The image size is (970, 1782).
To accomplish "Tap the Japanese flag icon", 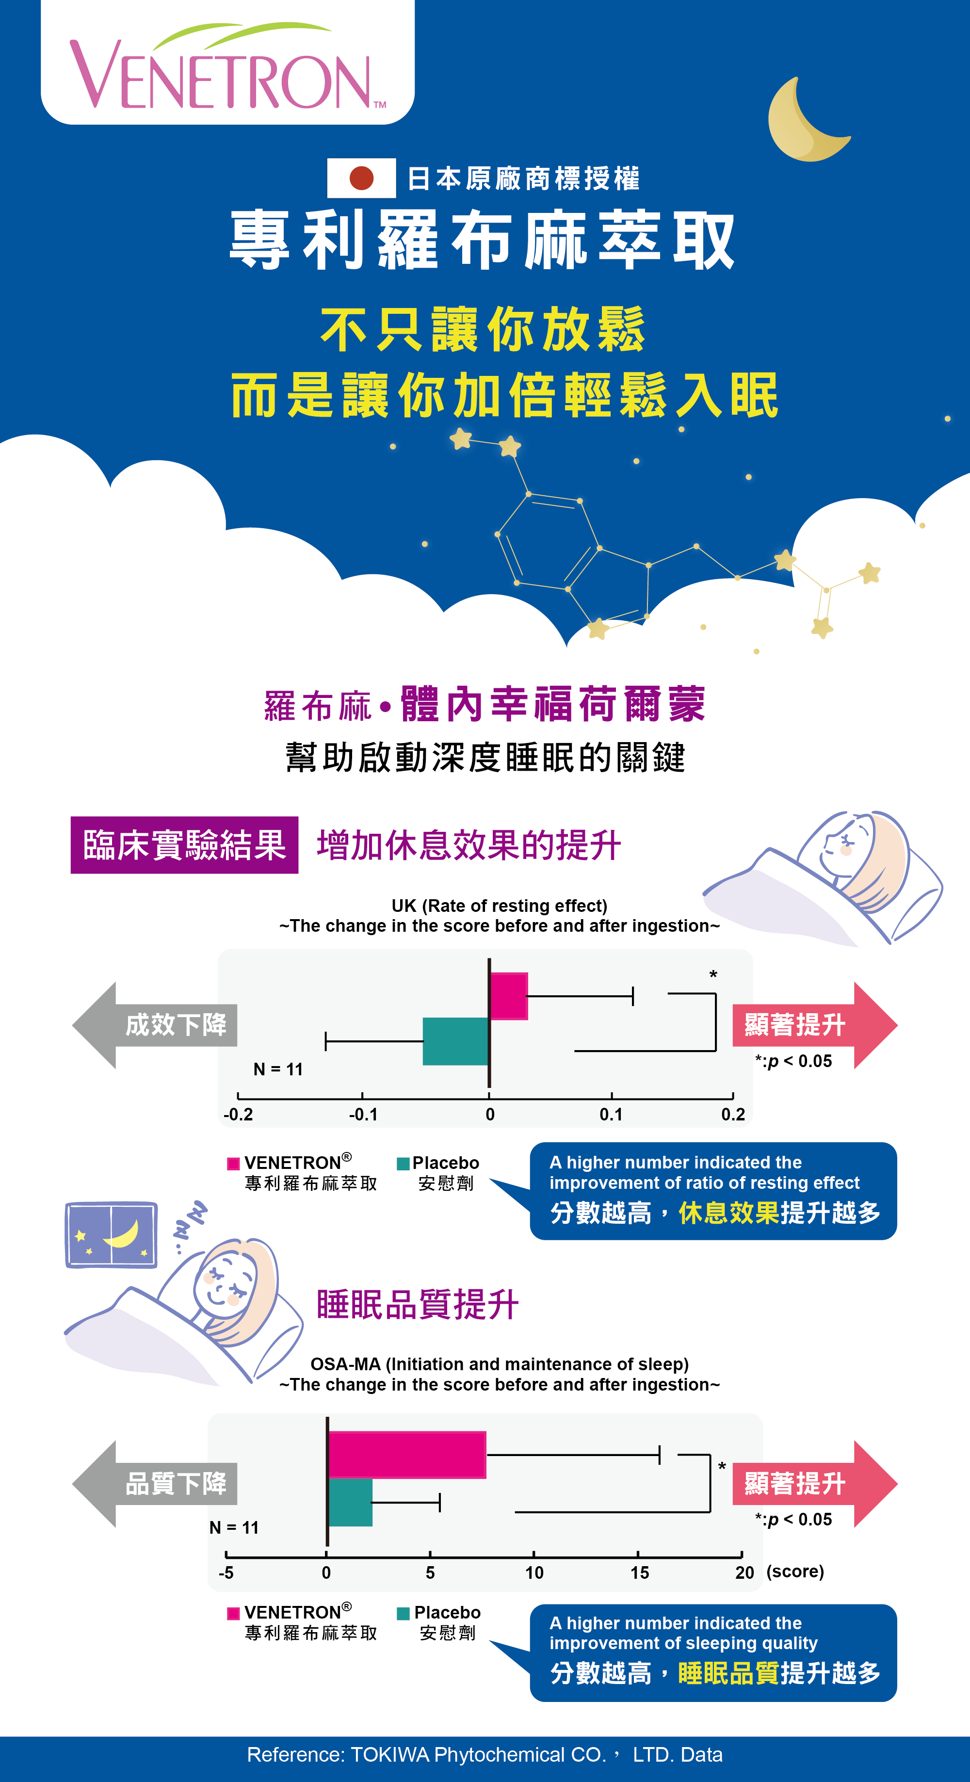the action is (361, 178).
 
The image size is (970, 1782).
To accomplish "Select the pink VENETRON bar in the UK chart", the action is (509, 996).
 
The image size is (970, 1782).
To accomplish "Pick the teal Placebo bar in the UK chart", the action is (456, 1041).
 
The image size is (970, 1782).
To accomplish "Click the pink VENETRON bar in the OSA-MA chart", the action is (407, 1455).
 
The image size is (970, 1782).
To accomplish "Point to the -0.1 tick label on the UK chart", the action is (363, 1115).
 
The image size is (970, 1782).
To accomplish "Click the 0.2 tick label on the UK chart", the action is (733, 1115).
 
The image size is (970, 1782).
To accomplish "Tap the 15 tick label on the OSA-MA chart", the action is (639, 1572).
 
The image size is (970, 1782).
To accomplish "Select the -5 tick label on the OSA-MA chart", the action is (226, 1572).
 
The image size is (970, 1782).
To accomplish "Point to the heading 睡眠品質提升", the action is (417, 1305).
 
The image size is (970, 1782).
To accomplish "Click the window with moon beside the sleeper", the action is (111, 1235).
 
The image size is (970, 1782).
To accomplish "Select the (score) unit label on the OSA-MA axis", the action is (795, 1571).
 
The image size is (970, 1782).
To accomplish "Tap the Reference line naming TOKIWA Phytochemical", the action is (485, 1754).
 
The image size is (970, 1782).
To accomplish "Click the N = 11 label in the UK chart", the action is (278, 1069).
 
